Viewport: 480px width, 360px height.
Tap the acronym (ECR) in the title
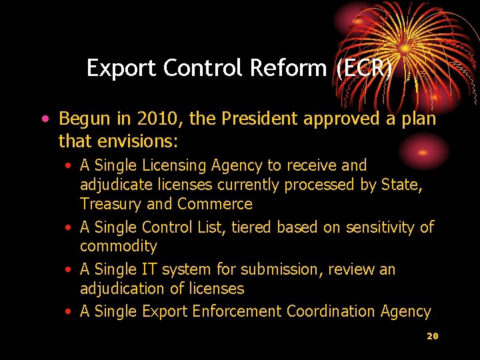tap(364, 68)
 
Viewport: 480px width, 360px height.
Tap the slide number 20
tap(432, 336)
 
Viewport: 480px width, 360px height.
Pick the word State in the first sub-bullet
tap(399, 184)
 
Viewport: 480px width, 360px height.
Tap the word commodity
tap(119, 247)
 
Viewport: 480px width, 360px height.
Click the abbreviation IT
tap(149, 269)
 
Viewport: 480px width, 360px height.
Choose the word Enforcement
tap(236, 311)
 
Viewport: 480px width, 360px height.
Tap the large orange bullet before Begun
tap(44, 120)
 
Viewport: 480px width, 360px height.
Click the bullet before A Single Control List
tap(69, 228)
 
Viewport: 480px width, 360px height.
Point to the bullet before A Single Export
tap(69, 312)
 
